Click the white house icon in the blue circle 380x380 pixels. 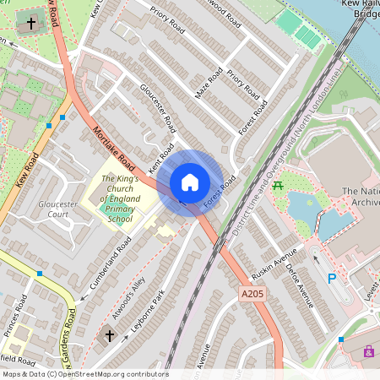point(190,182)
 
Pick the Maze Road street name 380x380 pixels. point(209,83)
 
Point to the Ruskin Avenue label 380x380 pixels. point(280,263)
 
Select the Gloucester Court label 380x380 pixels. point(58,209)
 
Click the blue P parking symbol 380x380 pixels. point(332,278)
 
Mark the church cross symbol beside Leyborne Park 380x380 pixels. point(109,336)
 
